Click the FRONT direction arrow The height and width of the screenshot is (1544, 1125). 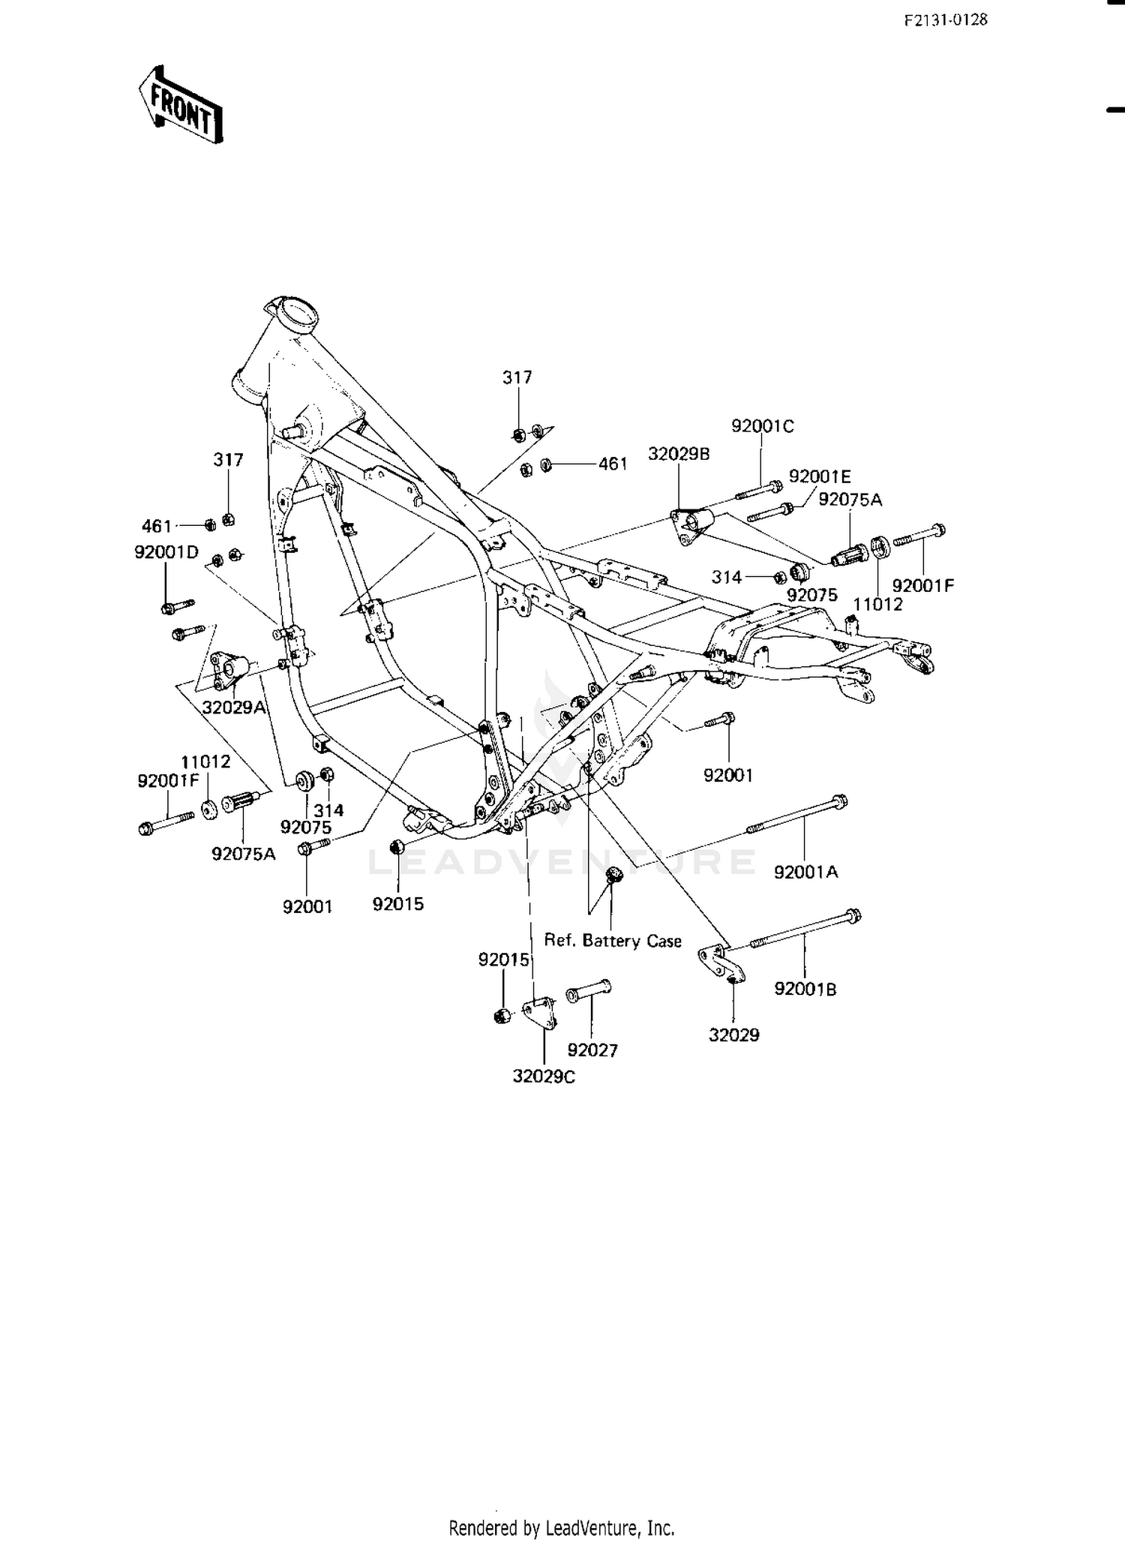(x=181, y=105)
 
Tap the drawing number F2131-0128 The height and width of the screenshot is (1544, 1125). (x=946, y=20)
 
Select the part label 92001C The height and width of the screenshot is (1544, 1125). (x=763, y=426)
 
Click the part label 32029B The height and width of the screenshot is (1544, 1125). (x=679, y=454)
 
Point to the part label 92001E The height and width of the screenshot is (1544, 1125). (x=820, y=476)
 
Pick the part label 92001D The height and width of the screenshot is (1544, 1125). (x=166, y=552)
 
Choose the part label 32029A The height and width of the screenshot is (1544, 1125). (x=234, y=707)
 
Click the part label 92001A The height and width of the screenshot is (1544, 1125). (x=806, y=872)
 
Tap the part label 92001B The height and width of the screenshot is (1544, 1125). (x=805, y=989)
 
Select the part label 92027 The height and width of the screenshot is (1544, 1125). (x=592, y=1050)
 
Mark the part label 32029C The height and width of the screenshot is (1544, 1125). (x=544, y=1077)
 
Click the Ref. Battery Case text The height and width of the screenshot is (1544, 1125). (x=613, y=941)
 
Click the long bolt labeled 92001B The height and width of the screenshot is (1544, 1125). (x=805, y=929)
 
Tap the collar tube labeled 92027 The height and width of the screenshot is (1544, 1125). (x=588, y=990)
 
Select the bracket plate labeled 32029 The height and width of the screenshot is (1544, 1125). (x=721, y=964)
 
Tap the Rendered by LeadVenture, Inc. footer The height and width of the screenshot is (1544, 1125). (x=562, y=1527)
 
